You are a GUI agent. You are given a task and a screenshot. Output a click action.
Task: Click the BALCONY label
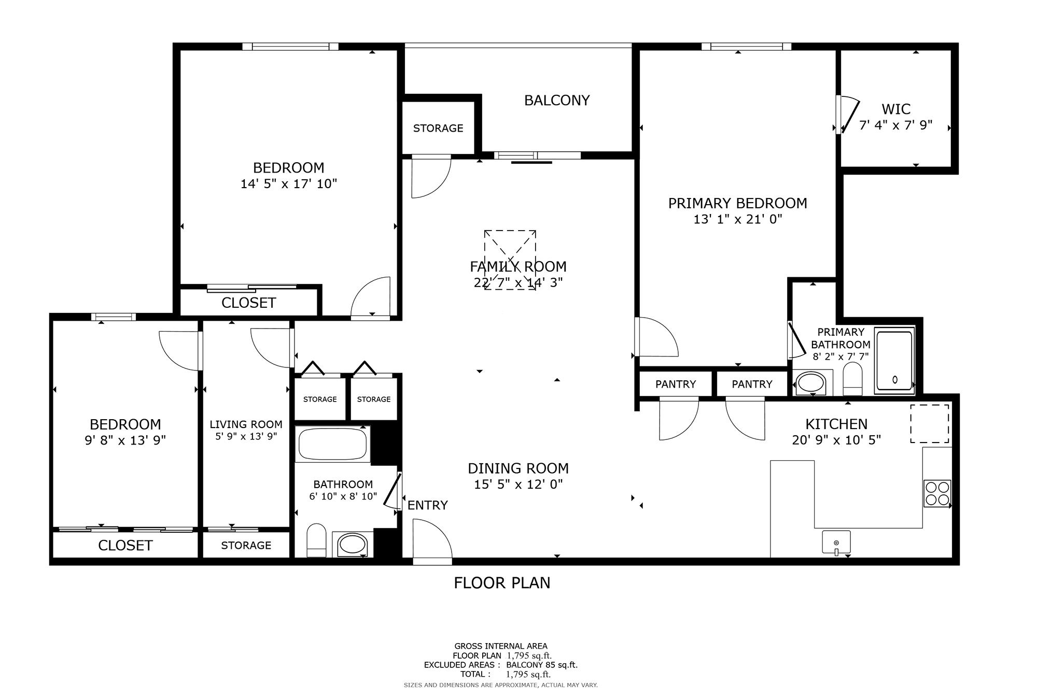point(557,101)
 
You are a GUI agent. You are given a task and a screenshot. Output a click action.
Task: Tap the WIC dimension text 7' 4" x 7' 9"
point(896,125)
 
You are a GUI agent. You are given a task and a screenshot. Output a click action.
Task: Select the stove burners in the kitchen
point(937,493)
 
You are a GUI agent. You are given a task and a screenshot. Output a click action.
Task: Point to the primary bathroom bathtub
point(894,360)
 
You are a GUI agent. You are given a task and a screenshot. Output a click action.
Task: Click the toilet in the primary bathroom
point(852,379)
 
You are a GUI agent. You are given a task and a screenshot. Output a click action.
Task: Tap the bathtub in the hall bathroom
point(332,444)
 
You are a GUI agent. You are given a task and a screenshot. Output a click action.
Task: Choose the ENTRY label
point(428,505)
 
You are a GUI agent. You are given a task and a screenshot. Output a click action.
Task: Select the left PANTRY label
point(676,384)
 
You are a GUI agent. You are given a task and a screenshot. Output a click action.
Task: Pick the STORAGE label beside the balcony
point(438,129)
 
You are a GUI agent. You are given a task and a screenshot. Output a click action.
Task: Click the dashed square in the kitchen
point(930,424)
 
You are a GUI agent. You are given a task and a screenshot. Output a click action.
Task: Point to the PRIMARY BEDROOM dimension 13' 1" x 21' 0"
point(738,219)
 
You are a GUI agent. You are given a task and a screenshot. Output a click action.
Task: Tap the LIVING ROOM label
point(246,424)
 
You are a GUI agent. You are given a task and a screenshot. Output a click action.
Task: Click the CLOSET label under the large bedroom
point(249,303)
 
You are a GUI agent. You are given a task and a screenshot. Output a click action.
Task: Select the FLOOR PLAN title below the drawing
point(502,583)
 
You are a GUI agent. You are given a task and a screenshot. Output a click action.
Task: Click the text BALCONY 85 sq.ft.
point(542,665)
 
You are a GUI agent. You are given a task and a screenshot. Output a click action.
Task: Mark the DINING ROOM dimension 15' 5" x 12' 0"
point(518,485)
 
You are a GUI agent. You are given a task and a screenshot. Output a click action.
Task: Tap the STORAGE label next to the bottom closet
point(246,546)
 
